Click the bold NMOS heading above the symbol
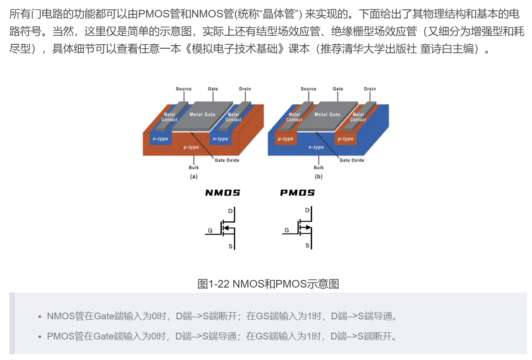223,193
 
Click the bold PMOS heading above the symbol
297,193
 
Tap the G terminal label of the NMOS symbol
210,231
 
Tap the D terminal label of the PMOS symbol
307,211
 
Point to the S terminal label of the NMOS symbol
231,246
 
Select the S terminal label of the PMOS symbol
307,246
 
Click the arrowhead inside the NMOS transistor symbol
226,228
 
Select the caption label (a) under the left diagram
194,177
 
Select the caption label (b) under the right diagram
318,177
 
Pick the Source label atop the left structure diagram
183,89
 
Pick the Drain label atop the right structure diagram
370,89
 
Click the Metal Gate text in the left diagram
202,114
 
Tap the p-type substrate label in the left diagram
191,147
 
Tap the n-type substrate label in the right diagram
316,147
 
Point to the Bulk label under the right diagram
318,168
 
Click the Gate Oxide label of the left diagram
227,160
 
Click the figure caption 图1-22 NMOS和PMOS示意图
268,284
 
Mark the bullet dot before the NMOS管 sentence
40,317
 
